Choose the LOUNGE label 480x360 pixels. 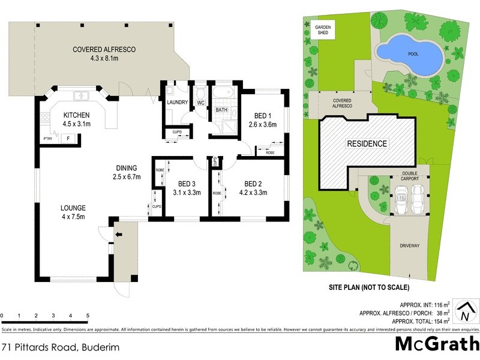pyautogui.click(x=73, y=208)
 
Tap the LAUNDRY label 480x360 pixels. pyautogui.click(x=179, y=103)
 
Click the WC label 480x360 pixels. pyautogui.click(x=201, y=103)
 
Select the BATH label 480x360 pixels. pyautogui.click(x=221, y=110)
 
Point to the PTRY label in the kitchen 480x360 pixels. pyautogui.click(x=47, y=139)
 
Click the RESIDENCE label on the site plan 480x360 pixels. pyautogui.click(x=366, y=144)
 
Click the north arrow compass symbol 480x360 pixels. pyautogui.click(x=464, y=311)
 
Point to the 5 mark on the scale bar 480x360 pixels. pyautogui.click(x=88, y=316)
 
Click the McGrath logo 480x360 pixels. pyautogui.click(x=436, y=344)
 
